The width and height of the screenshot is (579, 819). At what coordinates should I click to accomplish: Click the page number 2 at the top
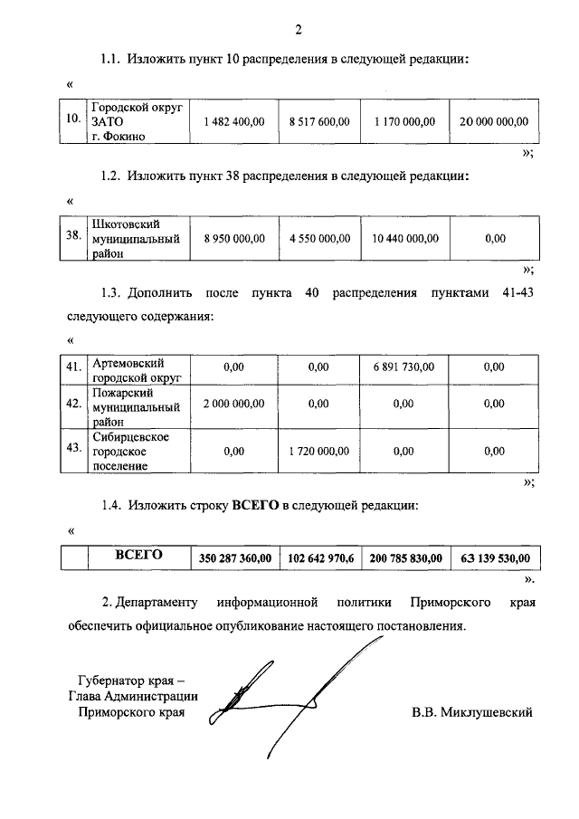(298, 31)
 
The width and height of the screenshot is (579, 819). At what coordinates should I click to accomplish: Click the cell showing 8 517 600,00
(319, 121)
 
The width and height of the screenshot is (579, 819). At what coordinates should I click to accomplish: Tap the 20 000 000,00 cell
(494, 121)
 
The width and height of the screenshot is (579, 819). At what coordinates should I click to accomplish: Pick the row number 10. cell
(73, 121)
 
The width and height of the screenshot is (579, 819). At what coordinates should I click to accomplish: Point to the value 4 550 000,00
(319, 239)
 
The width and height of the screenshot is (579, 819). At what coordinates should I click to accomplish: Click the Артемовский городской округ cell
(137, 369)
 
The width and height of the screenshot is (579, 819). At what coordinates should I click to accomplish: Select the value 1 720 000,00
(319, 450)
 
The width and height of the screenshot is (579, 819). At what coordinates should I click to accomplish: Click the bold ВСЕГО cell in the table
(138, 555)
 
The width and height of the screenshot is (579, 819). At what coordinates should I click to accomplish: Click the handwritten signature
(271, 697)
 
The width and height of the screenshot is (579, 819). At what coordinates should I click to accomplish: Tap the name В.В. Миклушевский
(472, 712)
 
